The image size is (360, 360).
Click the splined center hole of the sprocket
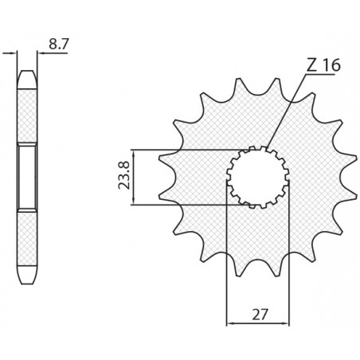click(257, 177)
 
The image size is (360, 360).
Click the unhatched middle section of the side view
click(27, 177)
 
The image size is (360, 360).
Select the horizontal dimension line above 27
click(257, 324)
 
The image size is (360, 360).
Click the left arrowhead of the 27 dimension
click(231, 324)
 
